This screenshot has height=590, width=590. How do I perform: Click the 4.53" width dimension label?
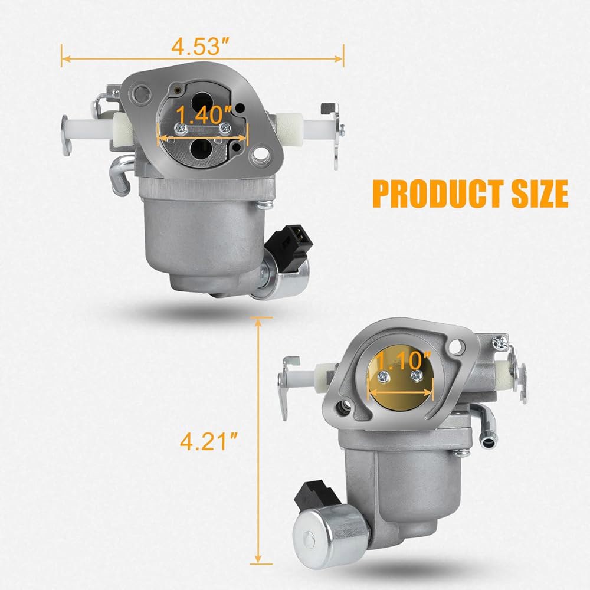(200, 47)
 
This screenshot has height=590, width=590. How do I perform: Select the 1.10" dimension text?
(403, 360)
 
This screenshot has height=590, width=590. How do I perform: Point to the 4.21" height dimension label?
(209, 441)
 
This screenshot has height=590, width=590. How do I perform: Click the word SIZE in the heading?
(540, 194)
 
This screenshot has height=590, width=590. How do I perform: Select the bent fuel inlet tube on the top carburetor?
(120, 174)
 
